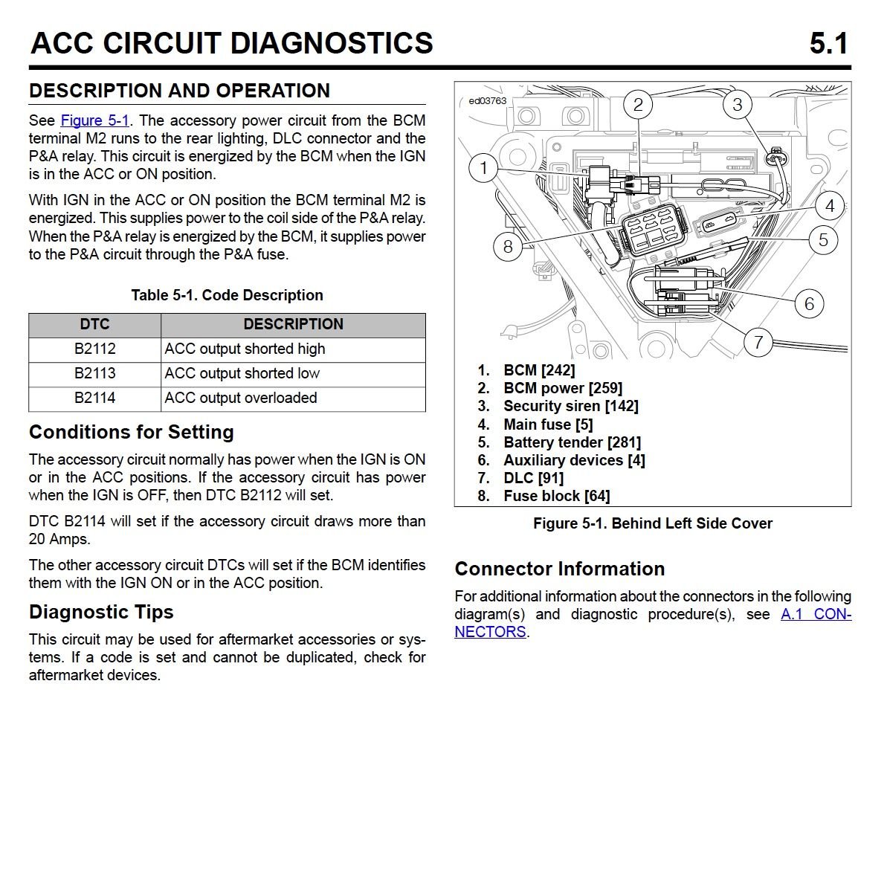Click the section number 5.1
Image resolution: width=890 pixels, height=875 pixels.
(x=828, y=44)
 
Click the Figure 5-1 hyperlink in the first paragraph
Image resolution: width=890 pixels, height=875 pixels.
(x=94, y=120)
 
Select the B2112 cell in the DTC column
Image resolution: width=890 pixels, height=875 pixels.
(x=94, y=349)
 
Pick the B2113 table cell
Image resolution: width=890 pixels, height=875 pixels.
(x=94, y=373)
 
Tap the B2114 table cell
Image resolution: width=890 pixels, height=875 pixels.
(x=94, y=398)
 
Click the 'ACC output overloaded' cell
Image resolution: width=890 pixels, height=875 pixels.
(x=241, y=398)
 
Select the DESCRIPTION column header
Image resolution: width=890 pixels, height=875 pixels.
(x=293, y=324)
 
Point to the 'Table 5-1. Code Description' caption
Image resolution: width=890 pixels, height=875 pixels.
(x=227, y=295)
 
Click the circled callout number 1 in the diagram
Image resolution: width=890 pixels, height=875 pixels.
(x=483, y=167)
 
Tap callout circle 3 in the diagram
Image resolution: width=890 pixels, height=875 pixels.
(x=737, y=104)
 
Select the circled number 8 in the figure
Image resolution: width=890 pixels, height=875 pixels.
(x=508, y=246)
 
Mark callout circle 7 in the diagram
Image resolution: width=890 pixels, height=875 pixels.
(x=758, y=342)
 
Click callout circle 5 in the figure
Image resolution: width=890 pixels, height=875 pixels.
(x=823, y=240)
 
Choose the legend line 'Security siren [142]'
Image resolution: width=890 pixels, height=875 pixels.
(x=570, y=406)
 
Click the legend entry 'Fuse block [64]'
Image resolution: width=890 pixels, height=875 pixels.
(x=556, y=496)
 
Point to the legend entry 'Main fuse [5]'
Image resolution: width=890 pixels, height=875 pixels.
(x=548, y=424)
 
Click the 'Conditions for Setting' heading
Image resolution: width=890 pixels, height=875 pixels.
(x=132, y=432)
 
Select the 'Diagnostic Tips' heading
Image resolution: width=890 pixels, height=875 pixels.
(x=101, y=612)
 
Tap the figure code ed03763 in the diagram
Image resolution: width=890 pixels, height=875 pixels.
(x=487, y=101)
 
